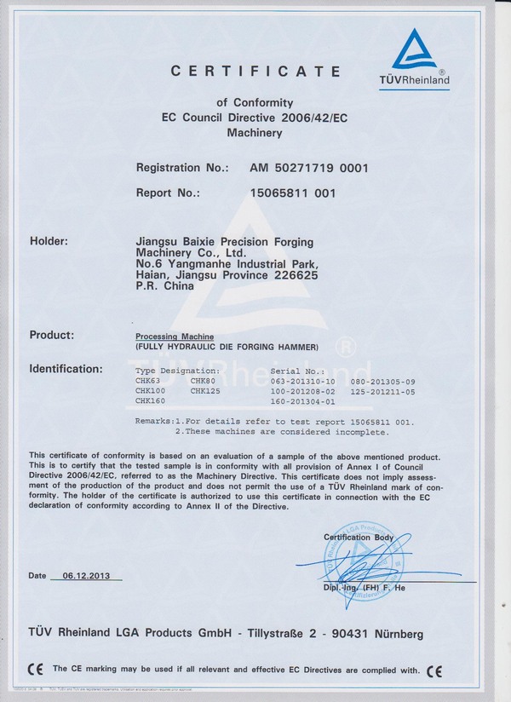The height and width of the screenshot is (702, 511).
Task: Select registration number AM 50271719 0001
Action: point(309,168)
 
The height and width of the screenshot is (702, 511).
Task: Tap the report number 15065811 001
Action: point(292,193)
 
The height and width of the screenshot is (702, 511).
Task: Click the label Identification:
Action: point(66,369)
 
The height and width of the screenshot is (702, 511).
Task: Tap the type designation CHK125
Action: point(205,390)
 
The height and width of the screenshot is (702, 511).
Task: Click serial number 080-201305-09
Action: point(382,381)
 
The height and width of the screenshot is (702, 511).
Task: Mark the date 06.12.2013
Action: point(87,576)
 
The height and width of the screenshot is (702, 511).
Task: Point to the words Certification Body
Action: point(359,537)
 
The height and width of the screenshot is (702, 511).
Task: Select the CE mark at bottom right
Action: point(434,670)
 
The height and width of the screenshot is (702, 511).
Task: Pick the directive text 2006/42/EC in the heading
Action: point(279,118)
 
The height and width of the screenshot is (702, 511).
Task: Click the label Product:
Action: point(52,335)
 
